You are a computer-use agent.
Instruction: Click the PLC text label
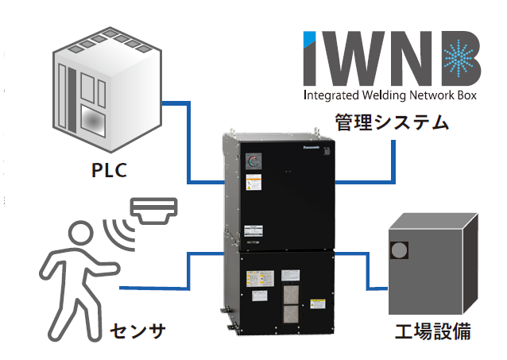[109, 171]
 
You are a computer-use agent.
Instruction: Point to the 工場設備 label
[432, 330]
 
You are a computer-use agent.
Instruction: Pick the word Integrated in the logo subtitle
[331, 97]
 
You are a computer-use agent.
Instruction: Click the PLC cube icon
[106, 88]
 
